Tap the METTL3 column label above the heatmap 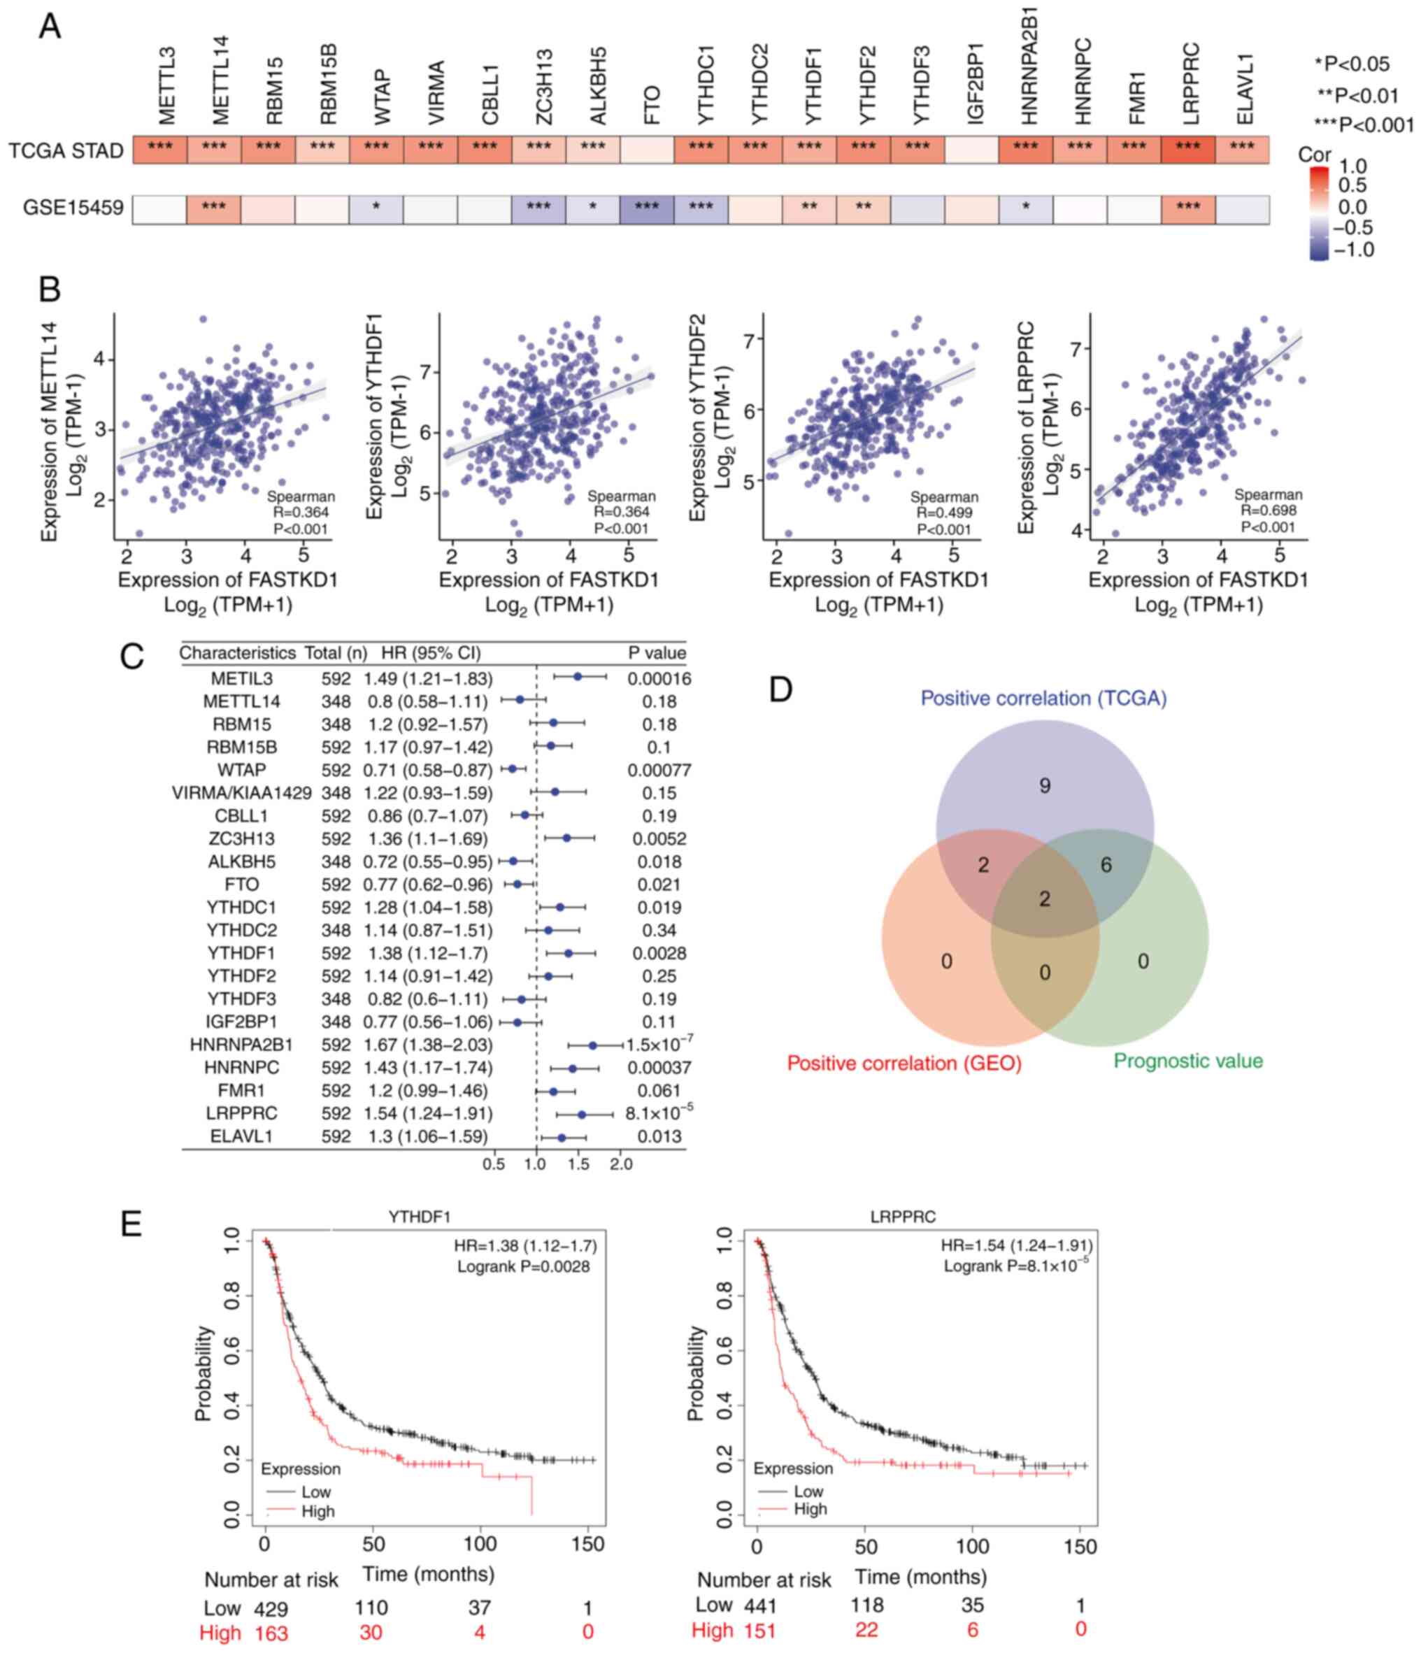click(166, 86)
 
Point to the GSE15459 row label click(73, 208)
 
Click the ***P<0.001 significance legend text click(1364, 124)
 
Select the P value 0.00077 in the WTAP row click(659, 771)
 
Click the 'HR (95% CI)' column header click(431, 653)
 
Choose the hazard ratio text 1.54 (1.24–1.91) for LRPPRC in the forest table click(429, 1114)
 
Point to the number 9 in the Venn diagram click(1044, 787)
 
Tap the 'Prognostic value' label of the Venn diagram click(1188, 1061)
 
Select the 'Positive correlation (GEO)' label click(904, 1064)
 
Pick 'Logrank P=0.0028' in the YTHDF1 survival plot click(523, 1267)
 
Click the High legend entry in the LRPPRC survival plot click(810, 1508)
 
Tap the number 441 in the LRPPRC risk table click(759, 1606)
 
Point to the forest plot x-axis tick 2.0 click(621, 1165)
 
